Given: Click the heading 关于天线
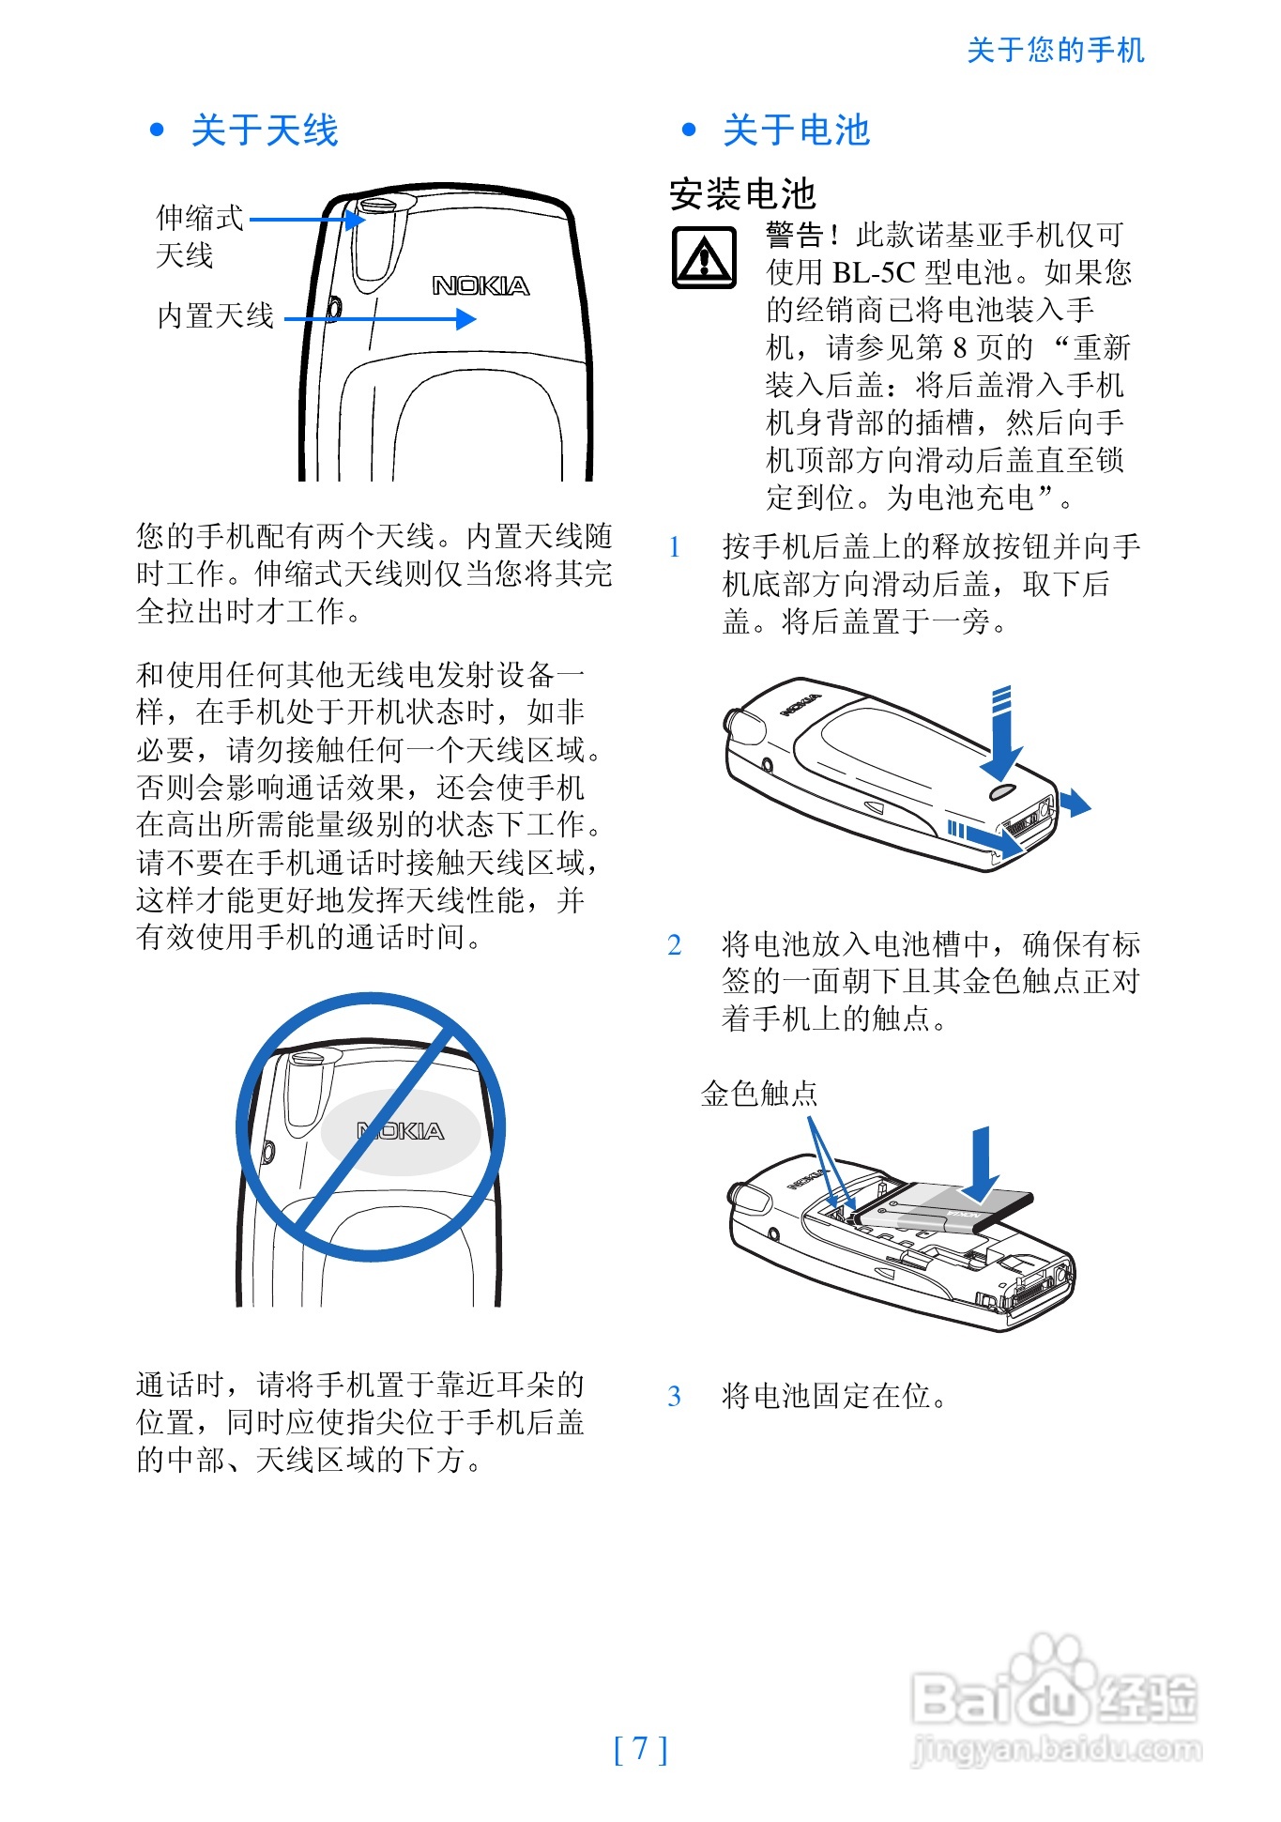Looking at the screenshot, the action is click(x=265, y=130).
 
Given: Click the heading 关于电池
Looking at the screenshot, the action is click(x=797, y=130).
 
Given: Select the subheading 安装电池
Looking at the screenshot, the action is click(x=742, y=194).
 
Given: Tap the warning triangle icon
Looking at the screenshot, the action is click(x=705, y=257).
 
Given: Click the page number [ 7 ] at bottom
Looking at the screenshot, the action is click(x=641, y=1748).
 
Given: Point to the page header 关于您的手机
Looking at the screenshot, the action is click(x=1056, y=50).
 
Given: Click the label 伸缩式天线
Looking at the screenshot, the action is click(x=199, y=237).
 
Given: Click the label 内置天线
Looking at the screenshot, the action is click(x=215, y=315).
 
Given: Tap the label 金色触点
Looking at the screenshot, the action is click(x=759, y=1094).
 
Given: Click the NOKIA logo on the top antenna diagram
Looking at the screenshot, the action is click(x=480, y=285).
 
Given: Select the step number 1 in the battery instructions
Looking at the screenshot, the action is click(x=674, y=546).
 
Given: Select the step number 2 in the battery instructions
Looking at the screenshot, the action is click(x=674, y=944).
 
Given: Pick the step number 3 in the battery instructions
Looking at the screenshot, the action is click(x=674, y=1396).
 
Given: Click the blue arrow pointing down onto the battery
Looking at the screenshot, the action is click(x=981, y=1164).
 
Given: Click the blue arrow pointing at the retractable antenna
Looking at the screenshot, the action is click(x=308, y=220).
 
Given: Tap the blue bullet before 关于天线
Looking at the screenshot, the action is click(x=158, y=130).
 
